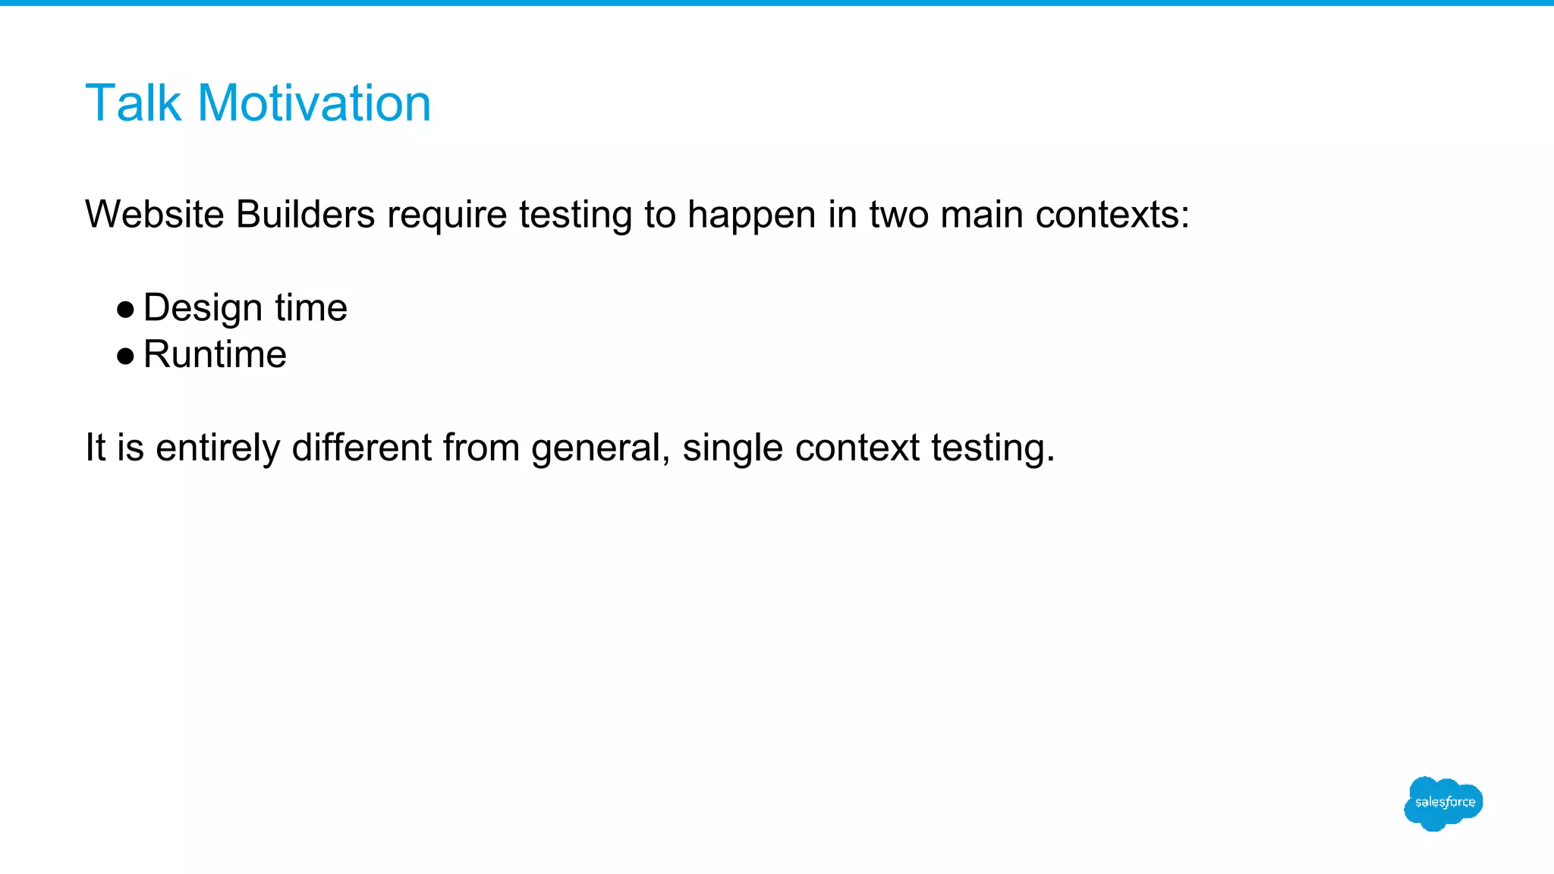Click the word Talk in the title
[x=133, y=103]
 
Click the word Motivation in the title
[x=314, y=103]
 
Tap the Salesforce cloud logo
[x=1443, y=803]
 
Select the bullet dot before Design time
[x=126, y=309]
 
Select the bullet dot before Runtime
[x=126, y=356]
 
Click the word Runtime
[x=215, y=355]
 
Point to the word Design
[x=203, y=309]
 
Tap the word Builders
[x=305, y=215]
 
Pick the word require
[x=447, y=215]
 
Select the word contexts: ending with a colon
[x=1112, y=215]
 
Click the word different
[x=361, y=448]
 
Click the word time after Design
[x=311, y=309]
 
